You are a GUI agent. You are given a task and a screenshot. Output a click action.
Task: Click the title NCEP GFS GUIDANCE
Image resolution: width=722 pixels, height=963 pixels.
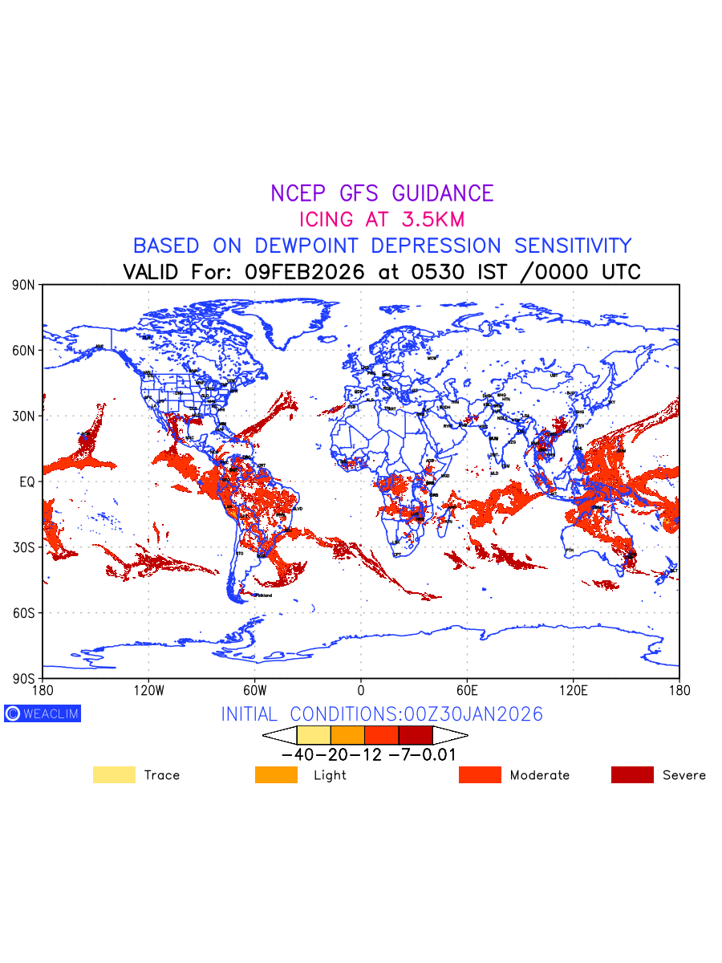click(382, 193)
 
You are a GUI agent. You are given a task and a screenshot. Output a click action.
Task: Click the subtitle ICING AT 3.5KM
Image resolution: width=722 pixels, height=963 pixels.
click(382, 219)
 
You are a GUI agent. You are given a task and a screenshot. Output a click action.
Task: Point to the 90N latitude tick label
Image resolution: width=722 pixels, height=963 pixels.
click(24, 285)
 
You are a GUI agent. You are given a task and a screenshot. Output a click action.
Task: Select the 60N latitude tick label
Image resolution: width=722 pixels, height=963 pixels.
click(24, 351)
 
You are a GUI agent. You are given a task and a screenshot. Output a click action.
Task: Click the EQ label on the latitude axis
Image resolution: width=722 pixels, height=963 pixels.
click(27, 481)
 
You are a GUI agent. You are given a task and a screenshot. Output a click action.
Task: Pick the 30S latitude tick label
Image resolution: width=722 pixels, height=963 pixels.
click(24, 547)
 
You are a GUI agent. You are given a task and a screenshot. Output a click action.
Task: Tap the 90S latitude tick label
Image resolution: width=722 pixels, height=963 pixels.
click(24, 678)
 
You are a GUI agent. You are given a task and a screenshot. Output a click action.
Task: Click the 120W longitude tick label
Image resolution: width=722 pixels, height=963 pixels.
click(148, 690)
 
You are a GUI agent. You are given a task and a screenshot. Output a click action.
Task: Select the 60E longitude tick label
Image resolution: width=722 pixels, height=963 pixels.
click(467, 690)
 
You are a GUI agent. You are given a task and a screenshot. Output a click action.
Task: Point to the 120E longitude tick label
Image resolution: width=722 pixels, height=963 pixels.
click(573, 690)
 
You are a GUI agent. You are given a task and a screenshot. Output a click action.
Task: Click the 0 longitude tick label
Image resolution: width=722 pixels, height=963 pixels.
click(361, 690)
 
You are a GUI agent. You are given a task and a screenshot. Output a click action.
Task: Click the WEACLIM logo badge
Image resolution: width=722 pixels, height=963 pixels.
click(43, 713)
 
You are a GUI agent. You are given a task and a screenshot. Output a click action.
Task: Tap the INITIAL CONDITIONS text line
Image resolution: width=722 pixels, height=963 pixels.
click(382, 714)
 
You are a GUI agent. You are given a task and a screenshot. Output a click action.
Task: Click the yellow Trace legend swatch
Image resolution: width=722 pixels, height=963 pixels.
click(114, 774)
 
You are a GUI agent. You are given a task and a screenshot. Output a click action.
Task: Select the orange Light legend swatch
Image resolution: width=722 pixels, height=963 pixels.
click(276, 774)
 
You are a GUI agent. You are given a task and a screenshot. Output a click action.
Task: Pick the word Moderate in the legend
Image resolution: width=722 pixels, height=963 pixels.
click(540, 775)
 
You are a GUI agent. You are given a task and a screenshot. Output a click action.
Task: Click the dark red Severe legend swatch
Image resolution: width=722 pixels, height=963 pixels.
click(632, 774)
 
